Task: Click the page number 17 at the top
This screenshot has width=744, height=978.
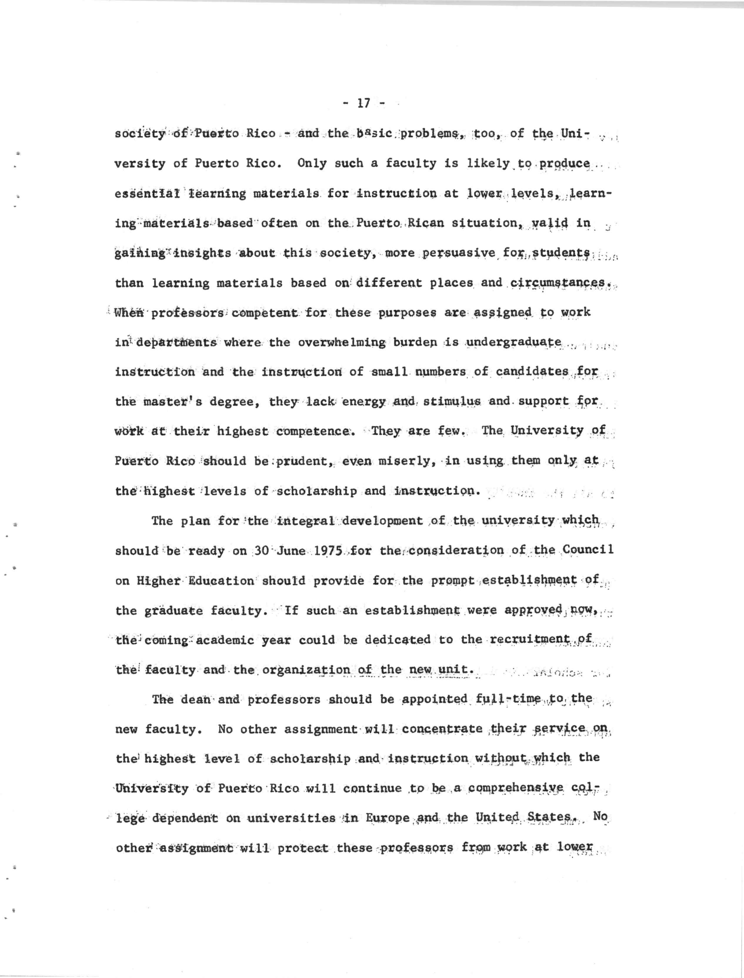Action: point(363,103)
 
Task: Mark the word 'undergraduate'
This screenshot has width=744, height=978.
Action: point(514,342)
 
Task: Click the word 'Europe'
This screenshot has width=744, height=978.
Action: point(388,818)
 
